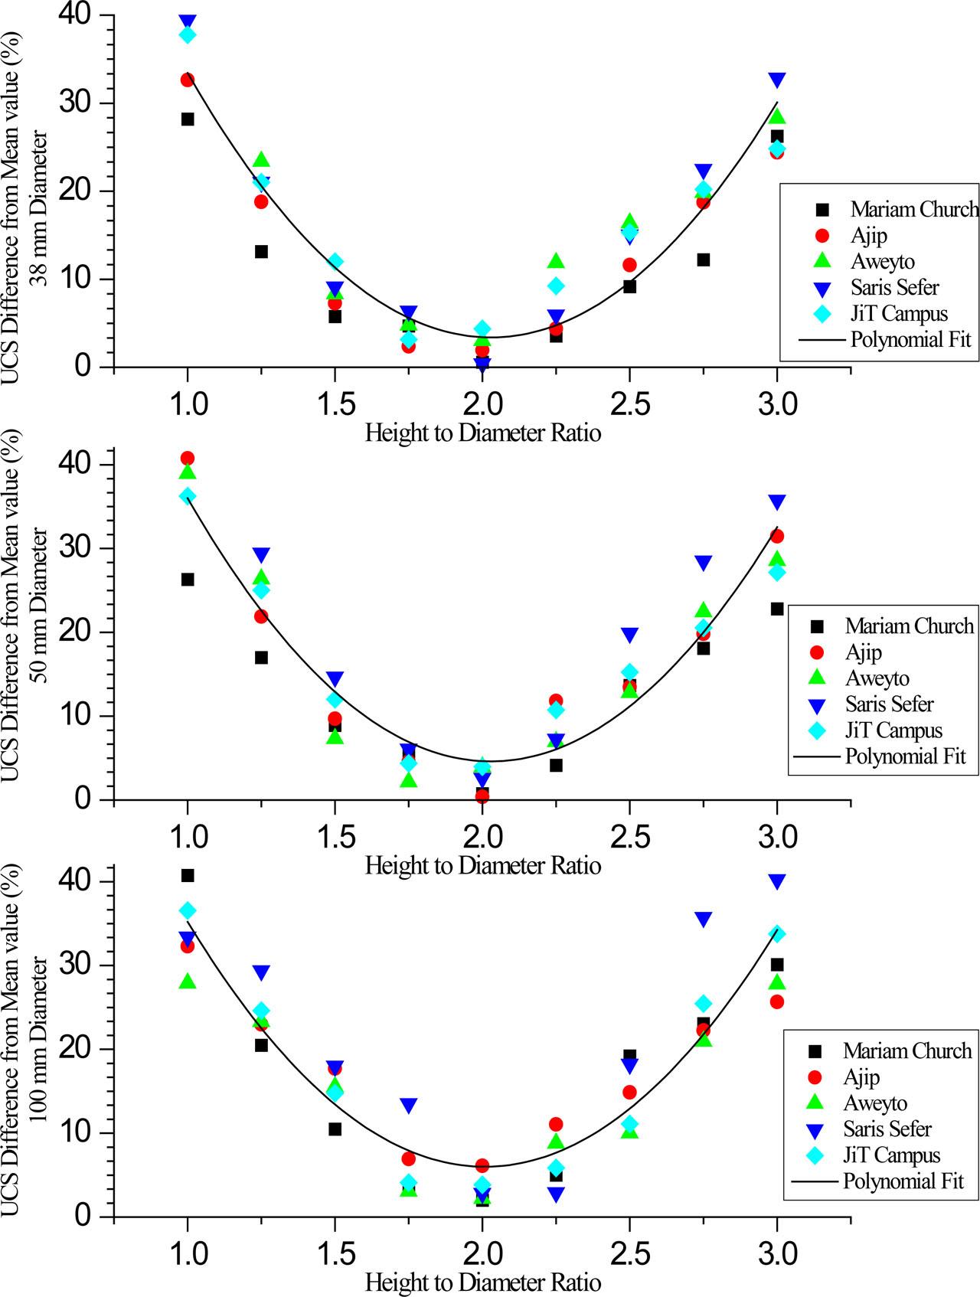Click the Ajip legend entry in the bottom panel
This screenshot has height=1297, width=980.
861,1076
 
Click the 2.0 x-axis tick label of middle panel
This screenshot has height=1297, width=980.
482,835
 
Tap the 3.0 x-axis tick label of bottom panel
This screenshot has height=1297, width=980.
776,1253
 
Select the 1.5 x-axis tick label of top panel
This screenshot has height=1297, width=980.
335,403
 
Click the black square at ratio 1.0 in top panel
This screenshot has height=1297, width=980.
188,119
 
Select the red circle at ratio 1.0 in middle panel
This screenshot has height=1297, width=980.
188,458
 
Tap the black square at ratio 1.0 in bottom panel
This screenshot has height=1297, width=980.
188,875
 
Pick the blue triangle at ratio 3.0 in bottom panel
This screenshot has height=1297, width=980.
777,882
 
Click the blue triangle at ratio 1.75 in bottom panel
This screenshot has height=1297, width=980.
409,1106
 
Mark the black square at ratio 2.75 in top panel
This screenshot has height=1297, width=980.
703,260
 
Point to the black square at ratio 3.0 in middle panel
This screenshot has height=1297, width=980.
777,609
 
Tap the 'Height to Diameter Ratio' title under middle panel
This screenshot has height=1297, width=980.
483,866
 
